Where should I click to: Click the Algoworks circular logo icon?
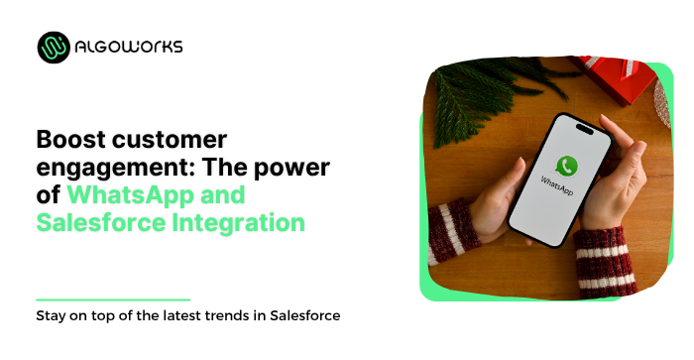[55, 47]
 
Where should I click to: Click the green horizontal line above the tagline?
[112, 299]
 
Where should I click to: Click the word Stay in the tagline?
[52, 316]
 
